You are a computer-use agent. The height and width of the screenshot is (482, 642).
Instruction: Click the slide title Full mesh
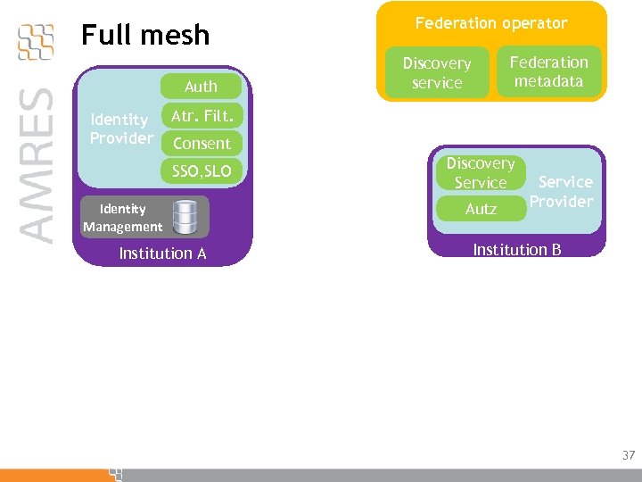[x=145, y=36]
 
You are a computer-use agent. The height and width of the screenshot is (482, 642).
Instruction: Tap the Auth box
[x=201, y=87]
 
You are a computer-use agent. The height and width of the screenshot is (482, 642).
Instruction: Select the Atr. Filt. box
[x=202, y=115]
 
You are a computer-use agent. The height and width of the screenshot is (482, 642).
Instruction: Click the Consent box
[x=202, y=143]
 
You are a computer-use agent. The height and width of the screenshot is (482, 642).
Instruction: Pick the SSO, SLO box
[x=202, y=170]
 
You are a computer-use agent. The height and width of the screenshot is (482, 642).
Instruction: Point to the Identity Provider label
[x=120, y=129]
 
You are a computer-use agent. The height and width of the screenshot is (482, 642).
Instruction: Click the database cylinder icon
[x=185, y=217]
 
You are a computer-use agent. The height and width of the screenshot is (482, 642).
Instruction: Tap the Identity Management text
[x=123, y=218]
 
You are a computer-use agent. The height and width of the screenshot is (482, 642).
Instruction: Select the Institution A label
[x=162, y=253]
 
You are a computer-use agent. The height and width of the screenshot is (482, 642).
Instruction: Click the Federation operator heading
[x=491, y=23]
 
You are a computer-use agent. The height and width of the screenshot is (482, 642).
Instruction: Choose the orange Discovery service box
[x=437, y=73]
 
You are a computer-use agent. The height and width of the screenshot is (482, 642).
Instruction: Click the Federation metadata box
[x=548, y=71]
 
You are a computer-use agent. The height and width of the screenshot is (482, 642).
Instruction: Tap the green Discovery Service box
[x=481, y=173]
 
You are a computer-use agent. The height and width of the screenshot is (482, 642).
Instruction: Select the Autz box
[x=481, y=209]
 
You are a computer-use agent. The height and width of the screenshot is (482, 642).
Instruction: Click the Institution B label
[x=516, y=249]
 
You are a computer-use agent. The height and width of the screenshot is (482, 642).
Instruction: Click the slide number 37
[x=628, y=455]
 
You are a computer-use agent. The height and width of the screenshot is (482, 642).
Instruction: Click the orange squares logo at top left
[x=36, y=41]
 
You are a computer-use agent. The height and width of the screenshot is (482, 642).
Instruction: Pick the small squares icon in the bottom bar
[x=115, y=473]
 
